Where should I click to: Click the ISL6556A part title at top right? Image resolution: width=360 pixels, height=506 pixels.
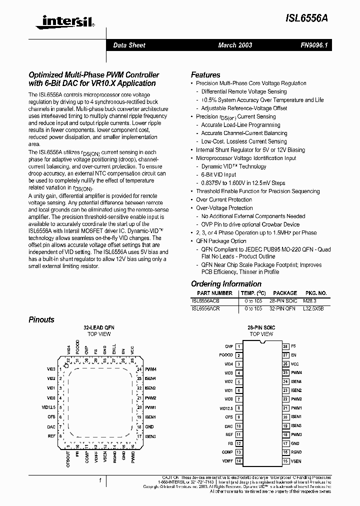[307, 16]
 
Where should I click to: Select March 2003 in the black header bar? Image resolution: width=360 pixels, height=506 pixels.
[235, 45]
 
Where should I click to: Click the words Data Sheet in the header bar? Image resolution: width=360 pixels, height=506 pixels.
[129, 45]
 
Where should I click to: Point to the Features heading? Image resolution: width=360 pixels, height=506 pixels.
[205, 74]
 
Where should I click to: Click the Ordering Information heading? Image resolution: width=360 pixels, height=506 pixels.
[226, 284]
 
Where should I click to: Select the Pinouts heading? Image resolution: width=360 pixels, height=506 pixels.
[41, 319]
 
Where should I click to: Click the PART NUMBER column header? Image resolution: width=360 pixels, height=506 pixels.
[214, 293]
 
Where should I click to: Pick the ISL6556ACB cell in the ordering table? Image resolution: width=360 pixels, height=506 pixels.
[205, 301]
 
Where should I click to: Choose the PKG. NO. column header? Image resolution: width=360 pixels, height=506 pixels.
[315, 293]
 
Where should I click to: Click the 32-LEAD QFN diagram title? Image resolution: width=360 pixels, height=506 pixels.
[98, 328]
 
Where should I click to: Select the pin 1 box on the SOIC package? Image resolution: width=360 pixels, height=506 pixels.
[239, 346]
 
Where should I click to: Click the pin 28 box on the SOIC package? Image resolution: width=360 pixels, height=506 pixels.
[285, 346]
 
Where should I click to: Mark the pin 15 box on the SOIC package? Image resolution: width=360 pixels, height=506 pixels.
[285, 461]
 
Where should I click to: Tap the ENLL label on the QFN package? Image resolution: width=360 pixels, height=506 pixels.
[114, 349]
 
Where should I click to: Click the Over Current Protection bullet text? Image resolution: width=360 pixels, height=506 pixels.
[224, 199]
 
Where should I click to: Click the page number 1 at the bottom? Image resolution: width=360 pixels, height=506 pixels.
[101, 480]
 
